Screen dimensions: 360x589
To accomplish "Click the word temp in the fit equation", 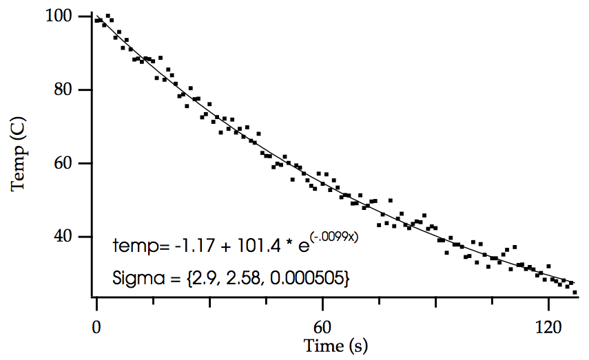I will [x=131, y=246].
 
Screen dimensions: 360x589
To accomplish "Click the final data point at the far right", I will [x=575, y=293].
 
